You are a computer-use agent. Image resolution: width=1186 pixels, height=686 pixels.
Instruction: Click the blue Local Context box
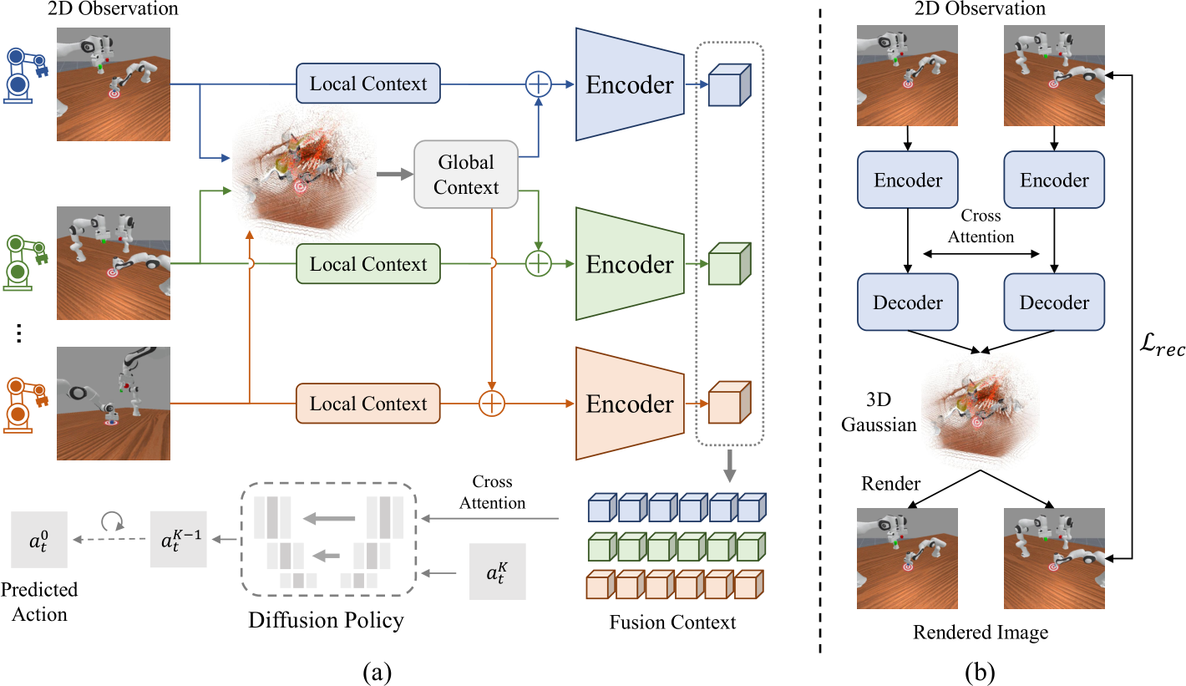(x=368, y=84)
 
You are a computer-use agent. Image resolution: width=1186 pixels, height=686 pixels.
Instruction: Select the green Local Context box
(x=368, y=264)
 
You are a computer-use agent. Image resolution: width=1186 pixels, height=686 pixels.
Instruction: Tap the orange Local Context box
(x=368, y=404)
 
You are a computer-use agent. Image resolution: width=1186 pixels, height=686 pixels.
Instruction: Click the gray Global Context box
(x=466, y=175)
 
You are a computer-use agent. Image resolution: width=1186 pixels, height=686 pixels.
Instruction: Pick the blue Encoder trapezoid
(x=630, y=84)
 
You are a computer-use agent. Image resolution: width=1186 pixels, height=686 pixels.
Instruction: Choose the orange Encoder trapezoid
(x=630, y=404)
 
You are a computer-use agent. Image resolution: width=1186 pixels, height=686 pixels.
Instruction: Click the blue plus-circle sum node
(x=539, y=84)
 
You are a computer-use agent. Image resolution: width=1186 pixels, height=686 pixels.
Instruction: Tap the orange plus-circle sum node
(x=492, y=404)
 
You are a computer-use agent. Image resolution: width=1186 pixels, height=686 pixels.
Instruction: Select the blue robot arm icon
(x=25, y=75)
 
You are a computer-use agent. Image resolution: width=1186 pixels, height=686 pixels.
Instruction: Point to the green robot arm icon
(x=25, y=263)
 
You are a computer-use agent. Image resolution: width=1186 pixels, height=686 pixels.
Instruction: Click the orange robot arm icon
(x=25, y=405)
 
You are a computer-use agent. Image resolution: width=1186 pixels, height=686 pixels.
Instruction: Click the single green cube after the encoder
(x=730, y=264)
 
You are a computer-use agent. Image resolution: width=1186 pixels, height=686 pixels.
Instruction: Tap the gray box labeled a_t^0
(x=39, y=540)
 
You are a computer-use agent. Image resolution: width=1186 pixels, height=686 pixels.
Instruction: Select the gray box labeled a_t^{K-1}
(x=179, y=539)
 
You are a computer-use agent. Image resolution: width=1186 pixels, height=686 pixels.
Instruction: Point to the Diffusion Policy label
(x=326, y=620)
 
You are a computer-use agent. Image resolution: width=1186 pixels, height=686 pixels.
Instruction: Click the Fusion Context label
(x=672, y=622)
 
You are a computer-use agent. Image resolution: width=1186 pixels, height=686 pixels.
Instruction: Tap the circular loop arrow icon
(x=112, y=521)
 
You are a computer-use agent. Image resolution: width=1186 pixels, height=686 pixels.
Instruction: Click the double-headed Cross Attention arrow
(x=981, y=254)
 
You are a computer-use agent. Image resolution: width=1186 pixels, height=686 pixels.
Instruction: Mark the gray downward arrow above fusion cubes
(x=730, y=466)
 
